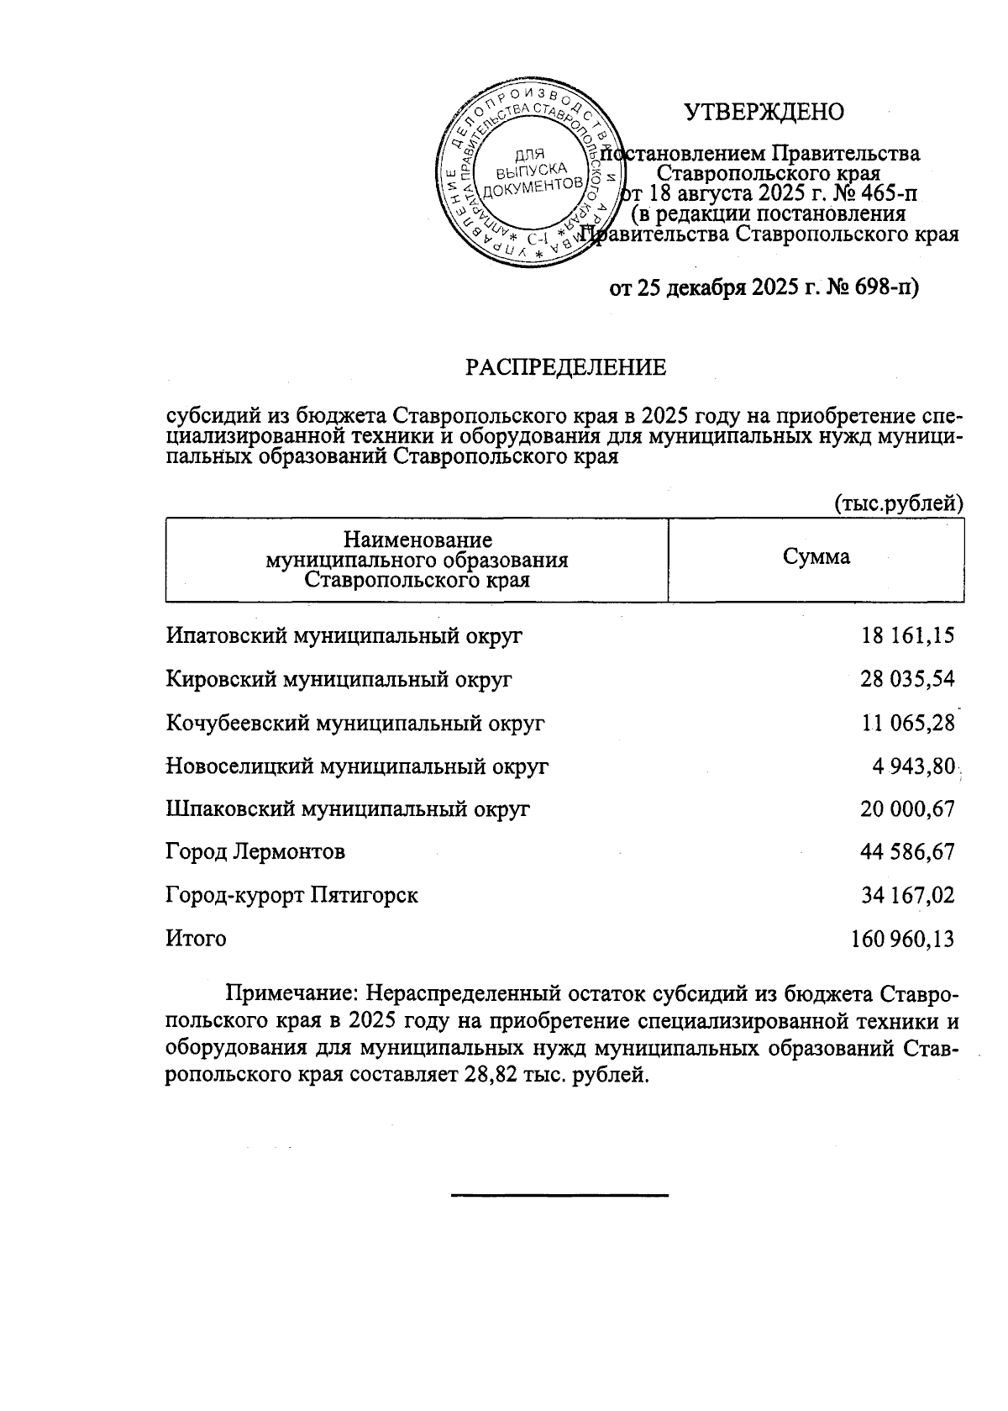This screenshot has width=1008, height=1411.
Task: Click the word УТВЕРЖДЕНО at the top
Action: pos(764,112)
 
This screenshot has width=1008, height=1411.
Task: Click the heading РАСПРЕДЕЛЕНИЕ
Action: pos(566,367)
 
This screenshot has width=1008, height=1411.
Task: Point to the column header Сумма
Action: pos(816,557)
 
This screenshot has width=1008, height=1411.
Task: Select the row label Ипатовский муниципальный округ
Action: pos(344,635)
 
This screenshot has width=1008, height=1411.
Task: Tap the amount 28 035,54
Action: pos(907,678)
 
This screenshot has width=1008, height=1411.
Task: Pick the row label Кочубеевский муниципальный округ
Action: pos(355,722)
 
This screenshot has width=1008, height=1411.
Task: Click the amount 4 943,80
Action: pos(914,766)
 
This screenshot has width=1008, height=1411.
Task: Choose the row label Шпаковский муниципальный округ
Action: pos(348,808)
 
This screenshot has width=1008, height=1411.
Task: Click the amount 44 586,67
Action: pos(907,852)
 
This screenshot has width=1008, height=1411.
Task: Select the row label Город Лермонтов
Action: pos(255,852)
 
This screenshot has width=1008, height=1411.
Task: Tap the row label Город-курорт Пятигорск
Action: pos(291,895)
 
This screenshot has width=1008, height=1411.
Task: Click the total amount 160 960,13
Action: pos(903,939)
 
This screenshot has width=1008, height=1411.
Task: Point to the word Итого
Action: pos(196,938)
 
